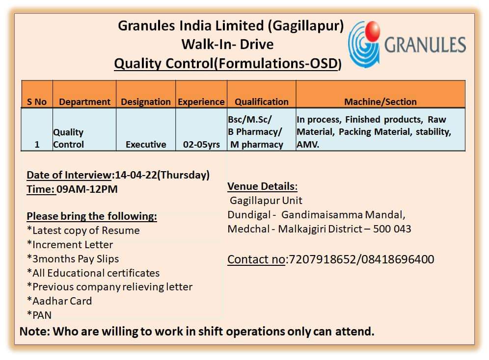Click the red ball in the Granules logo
pyautogui.click(x=372, y=31)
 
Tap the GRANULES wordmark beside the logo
pyautogui.click(x=425, y=45)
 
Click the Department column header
pyautogui.click(x=84, y=102)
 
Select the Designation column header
pyautogui.click(x=146, y=102)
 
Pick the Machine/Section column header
pyautogui.click(x=380, y=102)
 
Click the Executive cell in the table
pyautogui.click(x=146, y=145)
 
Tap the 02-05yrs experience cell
pyautogui.click(x=201, y=145)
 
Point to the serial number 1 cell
pyautogui.click(x=37, y=145)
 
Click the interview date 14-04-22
pyautogui.click(x=136, y=175)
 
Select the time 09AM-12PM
pyautogui.click(x=87, y=189)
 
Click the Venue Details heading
pyautogui.click(x=262, y=186)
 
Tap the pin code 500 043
pyautogui.click(x=392, y=229)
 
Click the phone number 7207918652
pyautogui.click(x=323, y=259)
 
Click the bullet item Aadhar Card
pyautogui.click(x=59, y=301)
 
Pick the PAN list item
pyautogui.click(x=39, y=315)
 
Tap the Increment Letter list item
pyautogui.click(x=70, y=244)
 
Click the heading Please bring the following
pyautogui.click(x=92, y=216)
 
